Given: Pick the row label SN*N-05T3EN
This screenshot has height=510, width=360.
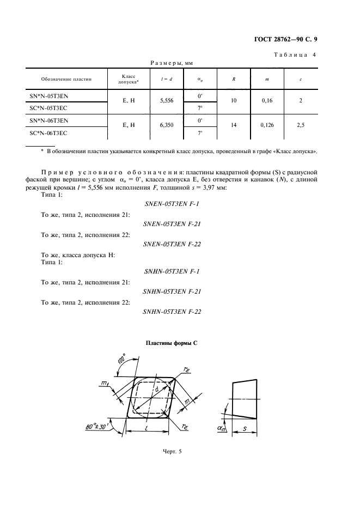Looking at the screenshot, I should click(x=49, y=96).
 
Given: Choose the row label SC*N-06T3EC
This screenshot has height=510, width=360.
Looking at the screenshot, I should click(x=49, y=132).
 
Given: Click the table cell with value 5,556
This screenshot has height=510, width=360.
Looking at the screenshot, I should click(x=167, y=101).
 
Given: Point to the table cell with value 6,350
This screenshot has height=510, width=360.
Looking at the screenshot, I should click(x=167, y=125).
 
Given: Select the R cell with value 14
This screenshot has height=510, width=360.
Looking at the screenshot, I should click(x=234, y=125).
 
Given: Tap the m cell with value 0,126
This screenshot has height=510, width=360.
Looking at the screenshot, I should click(x=267, y=125).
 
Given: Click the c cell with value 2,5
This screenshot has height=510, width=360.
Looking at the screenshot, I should click(x=301, y=125).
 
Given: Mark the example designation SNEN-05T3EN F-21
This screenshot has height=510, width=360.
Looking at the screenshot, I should click(x=172, y=224).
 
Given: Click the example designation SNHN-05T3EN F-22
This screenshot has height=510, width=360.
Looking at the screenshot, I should click(x=172, y=312).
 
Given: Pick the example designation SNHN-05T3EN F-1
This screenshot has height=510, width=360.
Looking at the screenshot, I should click(x=172, y=271).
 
